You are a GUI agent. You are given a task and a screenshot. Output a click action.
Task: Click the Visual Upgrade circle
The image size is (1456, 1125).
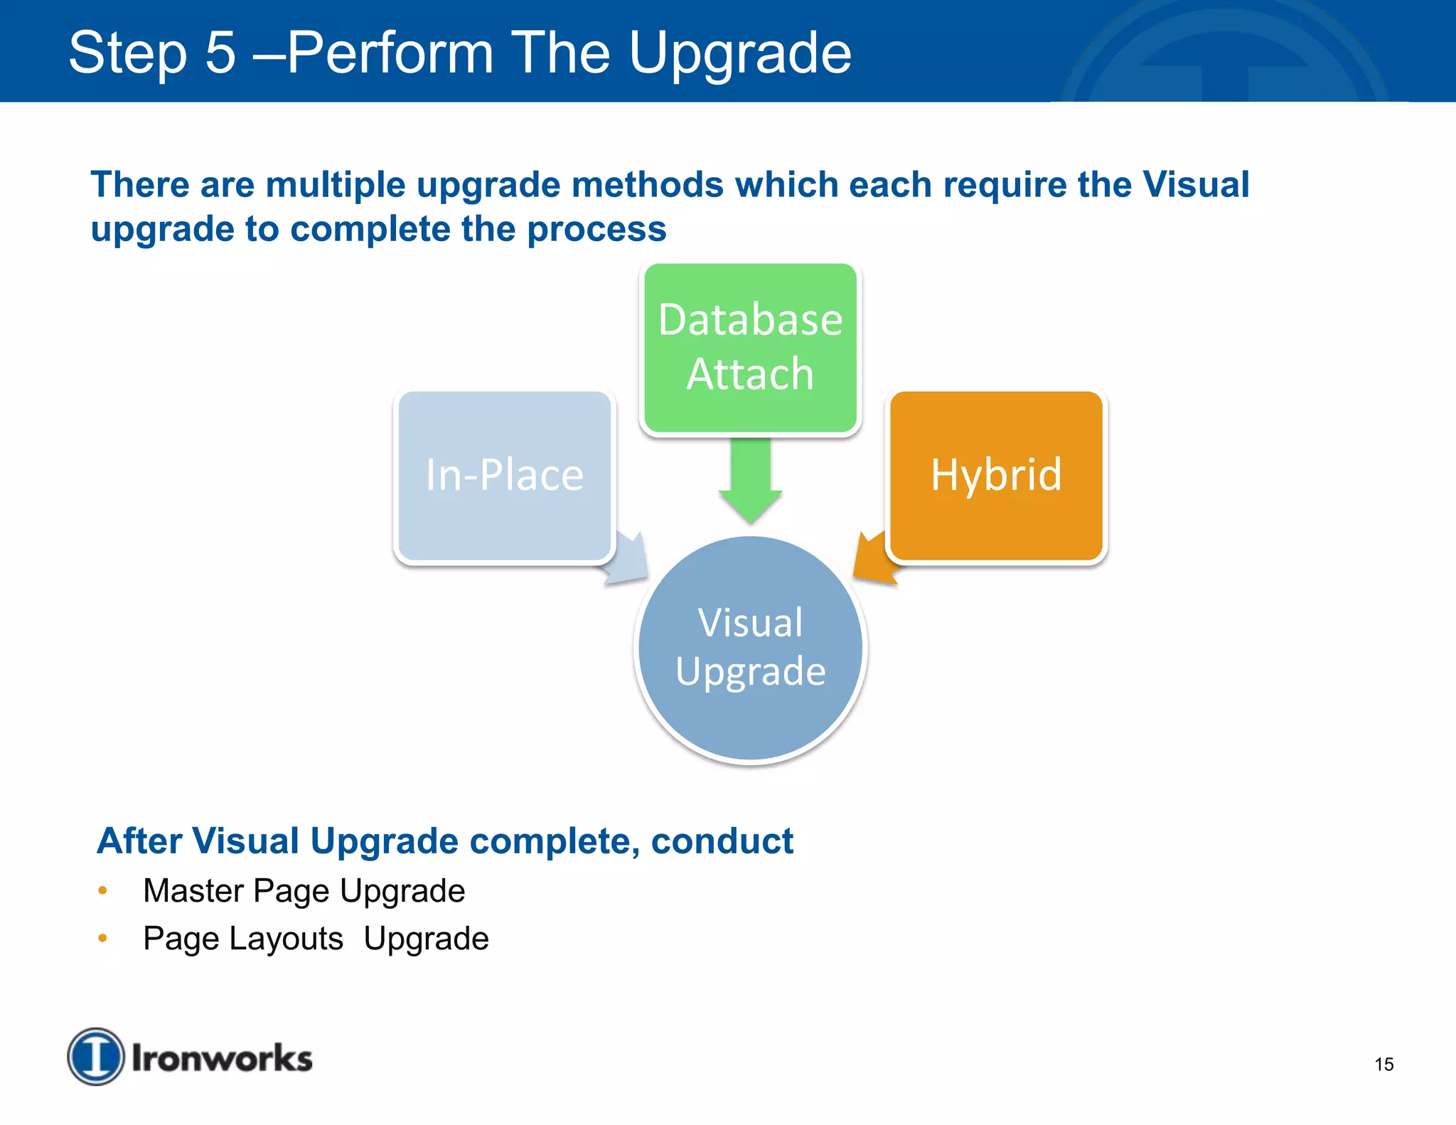point(750,649)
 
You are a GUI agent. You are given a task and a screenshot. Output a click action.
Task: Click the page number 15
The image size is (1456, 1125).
point(1383,1065)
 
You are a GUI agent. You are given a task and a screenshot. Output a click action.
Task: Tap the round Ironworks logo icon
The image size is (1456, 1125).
point(95,1056)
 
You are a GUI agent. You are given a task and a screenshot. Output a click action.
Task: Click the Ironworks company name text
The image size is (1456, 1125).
point(222,1058)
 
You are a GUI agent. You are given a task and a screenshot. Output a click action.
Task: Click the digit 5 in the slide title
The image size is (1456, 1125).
point(220,53)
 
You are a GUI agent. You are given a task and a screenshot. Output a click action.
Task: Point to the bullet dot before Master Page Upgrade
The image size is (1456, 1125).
point(102,890)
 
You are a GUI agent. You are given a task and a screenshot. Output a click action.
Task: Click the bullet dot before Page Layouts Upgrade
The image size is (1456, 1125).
point(102,938)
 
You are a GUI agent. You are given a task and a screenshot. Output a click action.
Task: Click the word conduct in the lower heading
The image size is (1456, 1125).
point(722,841)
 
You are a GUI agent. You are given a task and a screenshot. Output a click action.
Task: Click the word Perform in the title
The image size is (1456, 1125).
point(390,53)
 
